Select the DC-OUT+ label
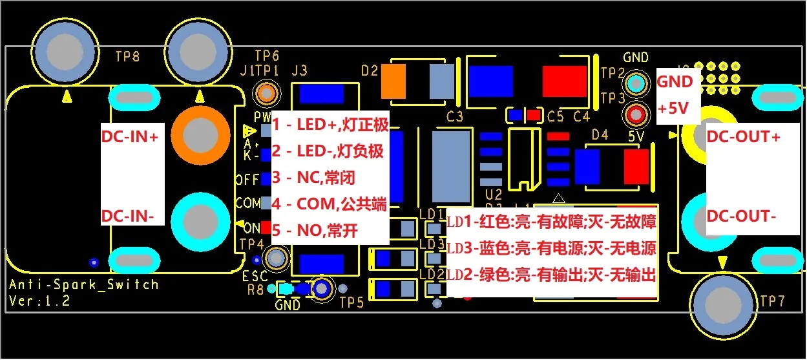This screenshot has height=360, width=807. click(x=744, y=137)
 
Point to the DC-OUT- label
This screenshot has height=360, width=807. click(x=741, y=216)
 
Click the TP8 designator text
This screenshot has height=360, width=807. click(x=127, y=56)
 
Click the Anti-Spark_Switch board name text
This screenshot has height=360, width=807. click(x=83, y=284)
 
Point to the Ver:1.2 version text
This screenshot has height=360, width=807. click(x=40, y=301)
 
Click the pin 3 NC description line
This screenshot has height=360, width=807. click(x=313, y=178)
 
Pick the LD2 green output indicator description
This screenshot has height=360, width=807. click(x=552, y=275)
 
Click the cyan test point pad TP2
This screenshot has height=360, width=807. click(x=636, y=83)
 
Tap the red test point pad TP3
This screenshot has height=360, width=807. click(x=636, y=114)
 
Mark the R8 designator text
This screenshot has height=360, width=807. click(x=255, y=289)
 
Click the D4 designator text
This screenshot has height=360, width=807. click(x=600, y=136)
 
